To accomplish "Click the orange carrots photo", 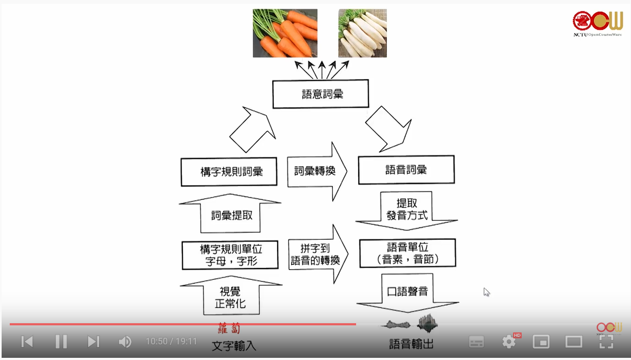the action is click(x=285, y=33).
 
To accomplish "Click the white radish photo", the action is click(x=362, y=33).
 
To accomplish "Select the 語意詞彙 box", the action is click(x=320, y=94).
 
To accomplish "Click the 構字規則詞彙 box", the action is click(x=229, y=172).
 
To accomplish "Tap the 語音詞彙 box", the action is click(x=406, y=170).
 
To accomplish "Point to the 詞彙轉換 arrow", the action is click(x=316, y=172).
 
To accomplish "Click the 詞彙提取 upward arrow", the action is click(x=231, y=214).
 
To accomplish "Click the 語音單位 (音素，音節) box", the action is click(x=407, y=253).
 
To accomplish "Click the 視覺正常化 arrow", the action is click(x=231, y=297).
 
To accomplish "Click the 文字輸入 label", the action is click(x=233, y=345).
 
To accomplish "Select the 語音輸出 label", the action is click(x=411, y=344).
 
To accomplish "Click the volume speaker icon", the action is click(x=125, y=342).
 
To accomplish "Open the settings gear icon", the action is click(x=509, y=342).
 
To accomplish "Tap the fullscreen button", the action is click(x=606, y=342).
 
